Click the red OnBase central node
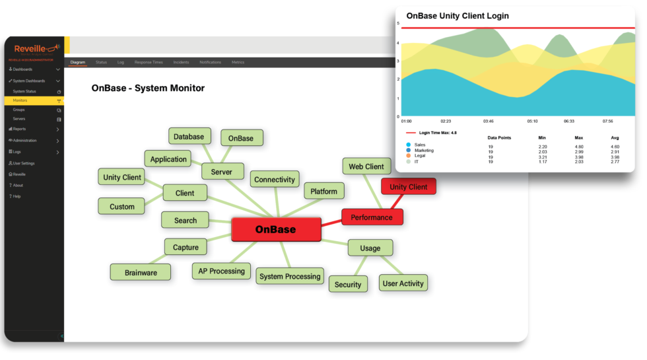276,229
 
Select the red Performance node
372,217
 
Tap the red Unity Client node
408,187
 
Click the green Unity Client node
122,177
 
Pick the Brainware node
141,272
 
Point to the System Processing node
290,276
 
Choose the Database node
189,137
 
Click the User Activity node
403,283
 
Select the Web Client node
366,167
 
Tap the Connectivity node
275,179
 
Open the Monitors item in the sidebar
20,100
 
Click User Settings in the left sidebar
24,163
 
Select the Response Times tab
149,62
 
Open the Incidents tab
181,62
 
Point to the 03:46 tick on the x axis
489,121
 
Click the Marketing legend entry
424,151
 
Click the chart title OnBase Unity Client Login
458,16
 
